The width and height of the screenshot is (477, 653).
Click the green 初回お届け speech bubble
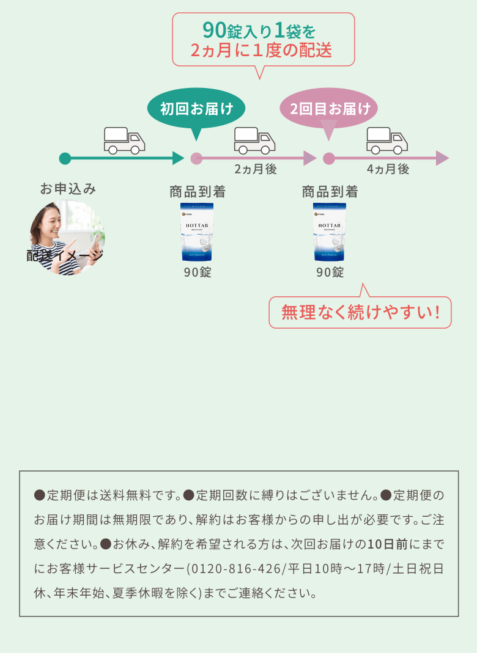[x=196, y=109]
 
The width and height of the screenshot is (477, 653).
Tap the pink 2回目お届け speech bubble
[x=329, y=109]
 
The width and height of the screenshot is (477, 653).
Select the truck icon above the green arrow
[x=124, y=140]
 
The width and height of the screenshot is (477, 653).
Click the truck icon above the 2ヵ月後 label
[x=254, y=140]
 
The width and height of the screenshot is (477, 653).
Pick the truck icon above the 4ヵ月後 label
[x=387, y=140]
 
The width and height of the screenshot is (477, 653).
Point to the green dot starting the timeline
[x=65, y=159]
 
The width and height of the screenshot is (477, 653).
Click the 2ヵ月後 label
[x=256, y=170]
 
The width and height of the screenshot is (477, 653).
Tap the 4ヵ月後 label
[x=388, y=170]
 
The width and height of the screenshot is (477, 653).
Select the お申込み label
[x=68, y=189]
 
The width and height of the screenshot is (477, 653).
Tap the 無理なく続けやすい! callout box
[x=361, y=313]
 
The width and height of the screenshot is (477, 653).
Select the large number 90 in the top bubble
[x=214, y=30]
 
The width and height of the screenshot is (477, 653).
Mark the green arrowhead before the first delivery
[x=178, y=159]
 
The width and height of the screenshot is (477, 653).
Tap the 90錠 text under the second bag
[x=330, y=272]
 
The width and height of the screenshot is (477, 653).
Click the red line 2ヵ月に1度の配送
[x=261, y=51]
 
